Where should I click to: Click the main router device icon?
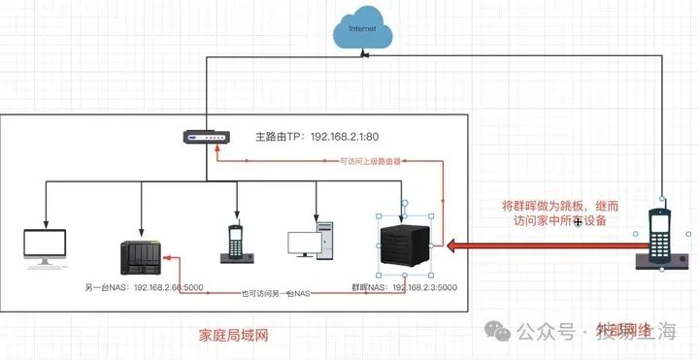coord(207,138)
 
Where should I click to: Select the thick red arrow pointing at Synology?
coord(544,247)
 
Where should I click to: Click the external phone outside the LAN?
coord(661,238)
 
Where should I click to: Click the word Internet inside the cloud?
coord(362,30)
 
